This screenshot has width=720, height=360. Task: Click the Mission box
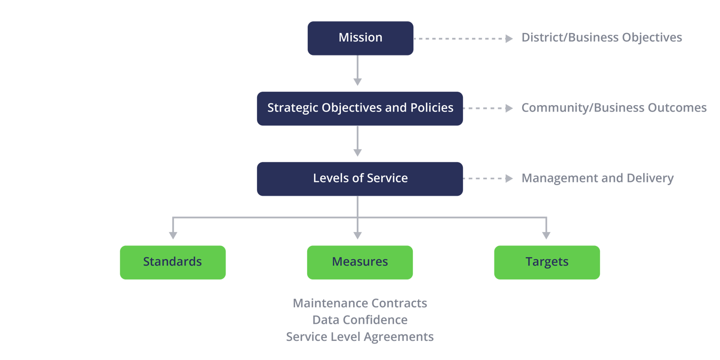coord(360,38)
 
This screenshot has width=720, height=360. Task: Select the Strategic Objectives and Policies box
coord(360,108)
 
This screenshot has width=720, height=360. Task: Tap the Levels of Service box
coord(360,179)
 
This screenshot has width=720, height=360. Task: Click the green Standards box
coord(172,262)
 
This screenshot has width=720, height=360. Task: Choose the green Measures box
coord(360,262)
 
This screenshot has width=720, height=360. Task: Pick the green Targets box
coord(547,262)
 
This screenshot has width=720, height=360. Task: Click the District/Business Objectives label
coord(601,38)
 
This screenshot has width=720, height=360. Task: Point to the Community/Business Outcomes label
coord(613,108)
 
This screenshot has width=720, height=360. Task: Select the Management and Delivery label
coord(597,179)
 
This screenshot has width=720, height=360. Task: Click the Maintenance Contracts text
coord(360,303)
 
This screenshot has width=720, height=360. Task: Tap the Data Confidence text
coord(360,320)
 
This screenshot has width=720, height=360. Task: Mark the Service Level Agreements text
coord(360,337)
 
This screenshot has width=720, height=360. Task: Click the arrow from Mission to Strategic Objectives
coord(357,70)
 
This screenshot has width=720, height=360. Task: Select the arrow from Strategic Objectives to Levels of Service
coord(357,141)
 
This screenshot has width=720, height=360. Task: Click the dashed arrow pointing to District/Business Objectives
coord(463,38)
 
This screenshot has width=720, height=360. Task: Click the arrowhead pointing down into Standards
coord(172,235)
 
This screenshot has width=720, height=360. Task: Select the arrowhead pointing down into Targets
coord(546,235)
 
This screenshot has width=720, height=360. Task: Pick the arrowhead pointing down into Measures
coord(357,235)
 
